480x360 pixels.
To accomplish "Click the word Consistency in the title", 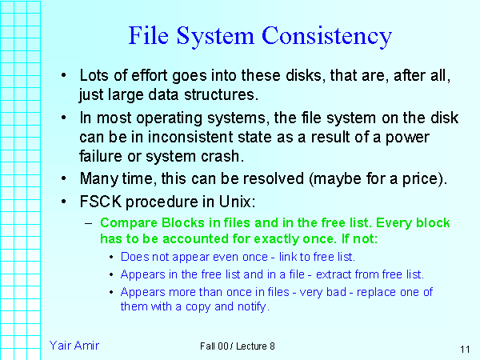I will click(327, 36).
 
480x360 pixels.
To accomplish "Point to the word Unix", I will click(236, 200).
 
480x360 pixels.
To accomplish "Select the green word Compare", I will click(126, 223).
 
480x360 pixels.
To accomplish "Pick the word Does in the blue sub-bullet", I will click(133, 257).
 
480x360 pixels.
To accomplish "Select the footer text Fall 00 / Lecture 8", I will click(238, 346).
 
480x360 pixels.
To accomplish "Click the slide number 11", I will click(465, 350).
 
